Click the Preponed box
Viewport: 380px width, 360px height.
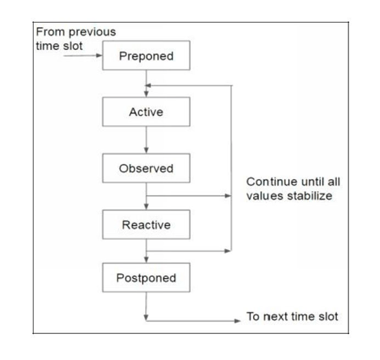point(146,56)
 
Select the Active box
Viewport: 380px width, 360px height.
point(146,112)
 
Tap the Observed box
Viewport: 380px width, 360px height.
point(146,168)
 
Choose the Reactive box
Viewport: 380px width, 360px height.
point(146,225)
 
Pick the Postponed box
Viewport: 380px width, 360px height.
point(146,278)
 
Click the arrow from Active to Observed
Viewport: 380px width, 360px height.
point(146,140)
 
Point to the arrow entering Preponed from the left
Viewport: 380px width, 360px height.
point(83,56)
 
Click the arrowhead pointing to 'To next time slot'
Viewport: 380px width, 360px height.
point(237,321)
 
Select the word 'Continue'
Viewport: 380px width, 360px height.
point(268,182)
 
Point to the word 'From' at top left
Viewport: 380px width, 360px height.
point(50,32)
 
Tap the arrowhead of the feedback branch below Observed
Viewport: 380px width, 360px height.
point(228,195)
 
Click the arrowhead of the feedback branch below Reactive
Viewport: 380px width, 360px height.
point(228,251)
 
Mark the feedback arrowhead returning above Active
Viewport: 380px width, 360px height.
point(148,86)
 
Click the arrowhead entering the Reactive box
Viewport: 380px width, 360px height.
point(146,206)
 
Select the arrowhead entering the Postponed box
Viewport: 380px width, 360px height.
point(146,260)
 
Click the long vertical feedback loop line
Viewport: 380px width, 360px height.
point(231,168)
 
